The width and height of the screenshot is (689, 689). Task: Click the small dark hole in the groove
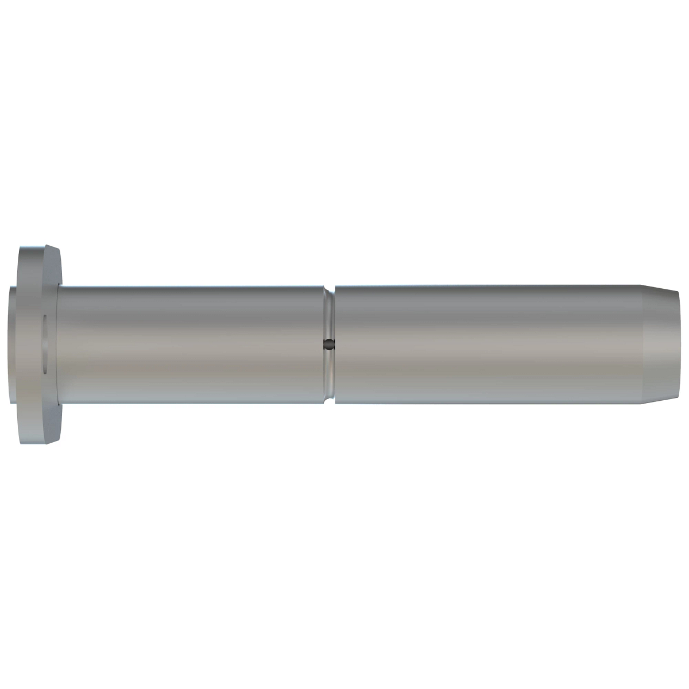328,344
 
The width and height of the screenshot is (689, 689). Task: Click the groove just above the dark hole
328,316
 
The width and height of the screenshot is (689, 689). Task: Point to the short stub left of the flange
13,344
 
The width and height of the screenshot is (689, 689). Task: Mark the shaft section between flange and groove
189,344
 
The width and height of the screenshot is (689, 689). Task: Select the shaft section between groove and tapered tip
488,344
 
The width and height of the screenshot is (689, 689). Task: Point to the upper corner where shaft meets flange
59,285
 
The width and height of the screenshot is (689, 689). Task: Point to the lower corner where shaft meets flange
59,404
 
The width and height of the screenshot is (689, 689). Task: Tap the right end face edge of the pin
679,344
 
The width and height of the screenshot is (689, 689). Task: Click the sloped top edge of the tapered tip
660,289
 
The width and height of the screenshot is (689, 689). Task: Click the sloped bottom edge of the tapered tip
660,400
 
